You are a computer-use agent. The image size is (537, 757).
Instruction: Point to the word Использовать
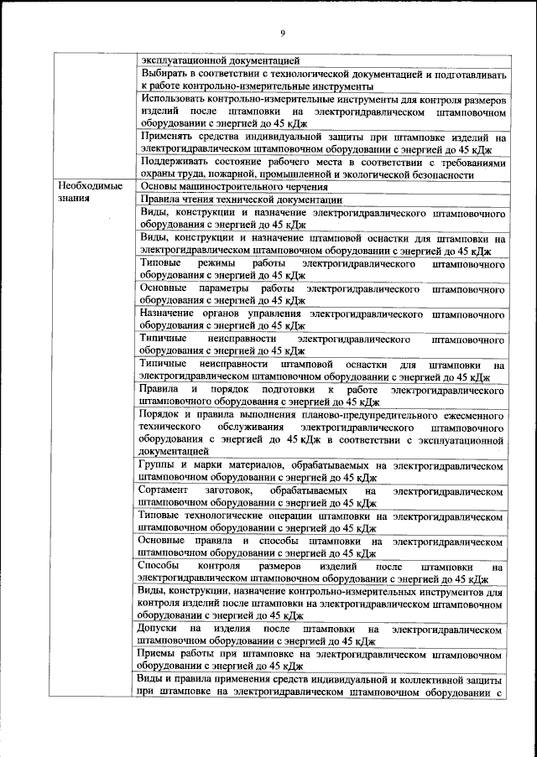tap(175, 99)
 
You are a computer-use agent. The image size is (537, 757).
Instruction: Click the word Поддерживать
tap(176, 162)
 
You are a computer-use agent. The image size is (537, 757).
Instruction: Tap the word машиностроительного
tap(237, 187)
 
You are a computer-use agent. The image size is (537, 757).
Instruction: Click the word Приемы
tap(160, 652)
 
